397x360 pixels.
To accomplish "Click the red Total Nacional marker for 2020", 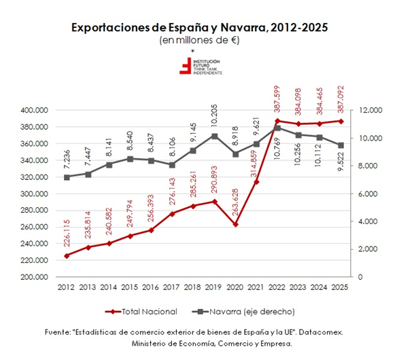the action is [235, 224].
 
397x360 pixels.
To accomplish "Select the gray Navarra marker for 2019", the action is [214, 137].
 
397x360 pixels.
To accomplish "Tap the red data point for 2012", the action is [67, 256].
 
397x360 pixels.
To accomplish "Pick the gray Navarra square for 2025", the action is [341, 145].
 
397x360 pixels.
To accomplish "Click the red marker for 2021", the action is [256, 182].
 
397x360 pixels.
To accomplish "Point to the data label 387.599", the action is [277, 99].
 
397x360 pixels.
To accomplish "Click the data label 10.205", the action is [214, 115].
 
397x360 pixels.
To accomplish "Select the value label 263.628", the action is [235, 202].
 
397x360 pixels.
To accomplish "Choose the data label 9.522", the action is [341, 161].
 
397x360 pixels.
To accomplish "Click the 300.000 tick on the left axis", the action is [34, 194].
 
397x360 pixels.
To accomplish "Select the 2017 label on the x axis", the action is [171, 287].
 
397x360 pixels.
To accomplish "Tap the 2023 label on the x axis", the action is [298, 287].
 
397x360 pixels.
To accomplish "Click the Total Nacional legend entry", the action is [141, 312].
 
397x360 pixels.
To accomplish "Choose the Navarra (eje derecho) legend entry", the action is [243, 312].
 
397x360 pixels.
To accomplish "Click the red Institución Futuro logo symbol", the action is [186, 66].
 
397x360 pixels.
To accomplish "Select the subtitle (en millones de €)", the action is [199, 41].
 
